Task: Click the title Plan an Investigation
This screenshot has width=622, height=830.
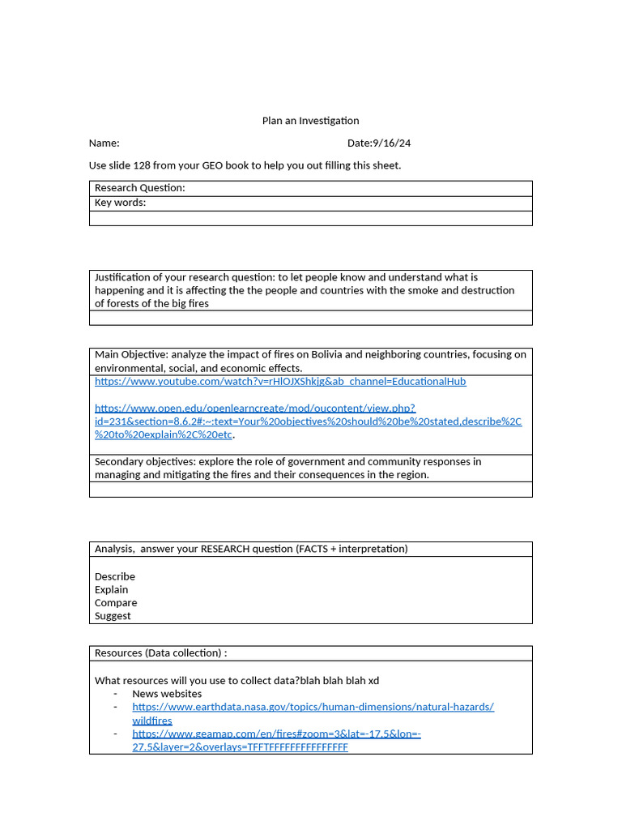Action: (x=310, y=121)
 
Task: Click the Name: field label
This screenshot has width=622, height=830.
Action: (x=104, y=143)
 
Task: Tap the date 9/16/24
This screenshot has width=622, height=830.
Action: (x=391, y=143)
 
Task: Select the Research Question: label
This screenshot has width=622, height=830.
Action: (x=140, y=188)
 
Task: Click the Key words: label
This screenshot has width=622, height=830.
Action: (x=121, y=203)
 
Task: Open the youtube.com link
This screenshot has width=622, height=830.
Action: (x=280, y=381)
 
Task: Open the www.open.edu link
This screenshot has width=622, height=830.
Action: (x=254, y=409)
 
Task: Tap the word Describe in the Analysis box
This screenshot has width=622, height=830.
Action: (x=115, y=576)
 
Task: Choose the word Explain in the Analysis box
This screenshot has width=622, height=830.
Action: (x=112, y=589)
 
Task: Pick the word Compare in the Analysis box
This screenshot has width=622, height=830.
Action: (x=116, y=602)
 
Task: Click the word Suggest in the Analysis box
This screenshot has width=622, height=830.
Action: (x=113, y=615)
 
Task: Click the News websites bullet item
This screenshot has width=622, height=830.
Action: (x=167, y=694)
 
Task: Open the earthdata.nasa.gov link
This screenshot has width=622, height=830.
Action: (x=313, y=707)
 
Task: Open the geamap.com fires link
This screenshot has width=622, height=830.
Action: (x=276, y=734)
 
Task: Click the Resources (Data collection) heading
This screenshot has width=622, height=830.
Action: (x=160, y=653)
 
